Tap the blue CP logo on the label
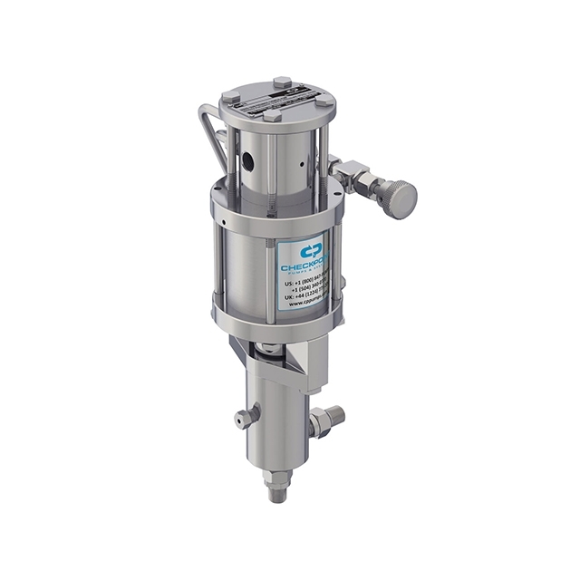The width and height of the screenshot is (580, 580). click(312, 249)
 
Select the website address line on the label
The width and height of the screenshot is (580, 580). click(308, 303)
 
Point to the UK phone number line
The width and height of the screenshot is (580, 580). click(310, 294)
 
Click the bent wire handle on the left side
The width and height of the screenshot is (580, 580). click(210, 136)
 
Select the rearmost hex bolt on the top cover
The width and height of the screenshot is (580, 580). click(282, 82)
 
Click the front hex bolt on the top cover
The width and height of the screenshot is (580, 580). click(272, 115)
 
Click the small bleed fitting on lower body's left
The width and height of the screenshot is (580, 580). click(242, 419)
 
